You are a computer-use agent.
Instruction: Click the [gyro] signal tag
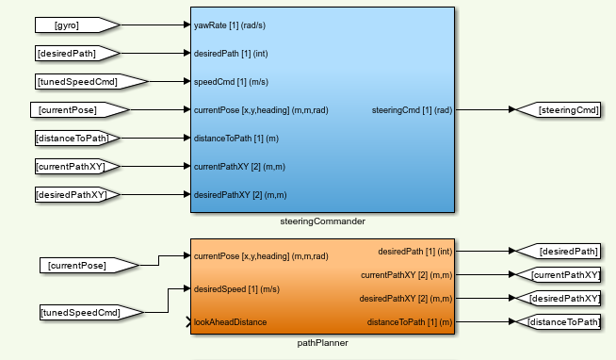[74, 25]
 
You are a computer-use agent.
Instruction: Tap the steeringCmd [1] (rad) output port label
[413, 110]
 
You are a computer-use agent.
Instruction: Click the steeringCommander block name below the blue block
[322, 221]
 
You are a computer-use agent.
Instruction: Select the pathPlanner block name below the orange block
[322, 343]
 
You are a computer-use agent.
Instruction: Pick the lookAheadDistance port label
[230, 322]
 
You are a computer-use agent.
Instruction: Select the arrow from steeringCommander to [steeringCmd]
[485, 110]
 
